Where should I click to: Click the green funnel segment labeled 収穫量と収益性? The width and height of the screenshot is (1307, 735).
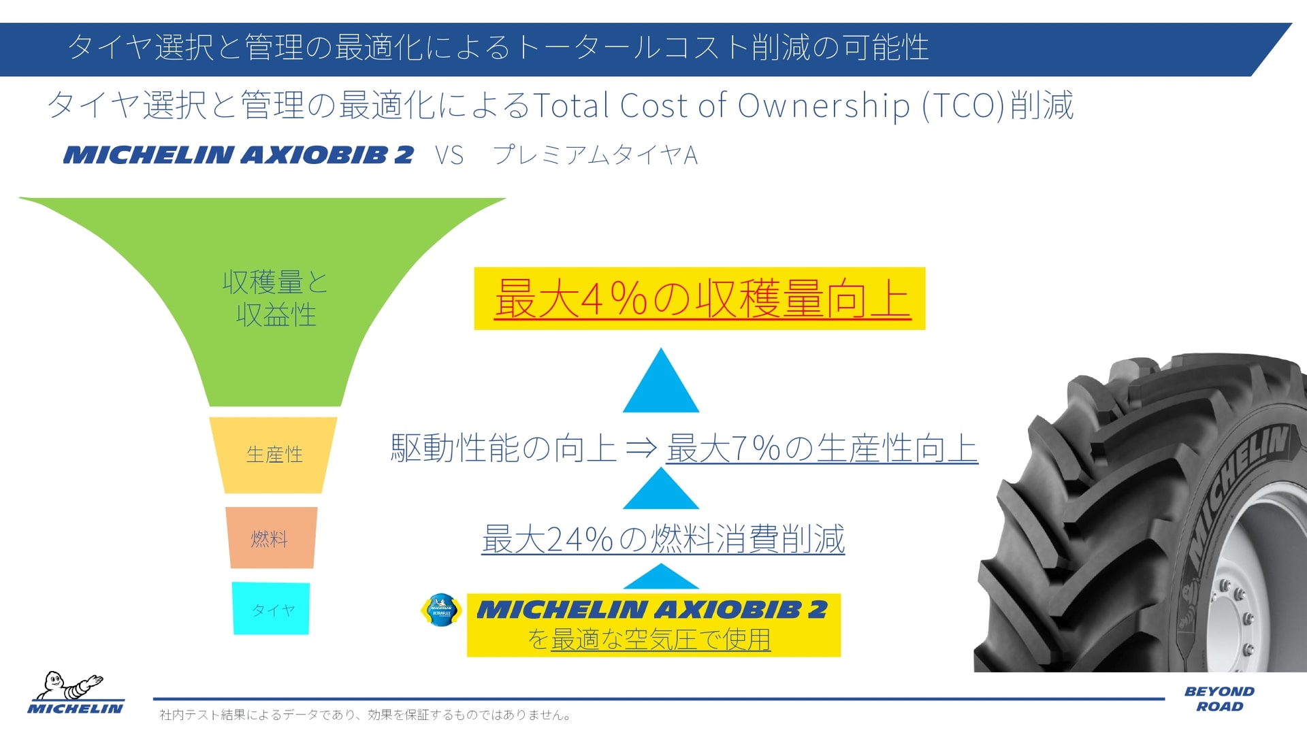coord(275,299)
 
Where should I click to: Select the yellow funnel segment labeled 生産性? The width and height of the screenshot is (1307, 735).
coord(274,455)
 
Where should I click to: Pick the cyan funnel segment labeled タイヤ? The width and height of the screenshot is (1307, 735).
coord(272,609)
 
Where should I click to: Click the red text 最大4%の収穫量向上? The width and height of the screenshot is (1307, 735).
coord(701,299)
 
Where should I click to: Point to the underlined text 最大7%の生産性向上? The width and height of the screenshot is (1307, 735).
coord(822,448)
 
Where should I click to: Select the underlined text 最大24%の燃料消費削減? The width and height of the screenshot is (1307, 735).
coord(663,539)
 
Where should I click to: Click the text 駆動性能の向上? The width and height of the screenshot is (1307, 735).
coord(503,448)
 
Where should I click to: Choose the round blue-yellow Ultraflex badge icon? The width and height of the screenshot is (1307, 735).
coord(442,610)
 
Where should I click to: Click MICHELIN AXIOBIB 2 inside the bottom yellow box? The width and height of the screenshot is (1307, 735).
coord(652,609)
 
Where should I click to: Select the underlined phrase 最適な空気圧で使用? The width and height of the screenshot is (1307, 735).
coord(660,640)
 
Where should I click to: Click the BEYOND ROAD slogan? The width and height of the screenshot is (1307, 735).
coord(1219,699)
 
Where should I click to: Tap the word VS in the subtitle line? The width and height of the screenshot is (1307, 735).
coord(449,156)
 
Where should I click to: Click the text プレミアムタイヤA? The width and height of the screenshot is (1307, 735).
coord(595,156)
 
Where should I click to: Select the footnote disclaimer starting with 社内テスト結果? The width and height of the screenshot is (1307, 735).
coord(366,715)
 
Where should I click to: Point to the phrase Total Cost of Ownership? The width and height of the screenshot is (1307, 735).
coord(721,106)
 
